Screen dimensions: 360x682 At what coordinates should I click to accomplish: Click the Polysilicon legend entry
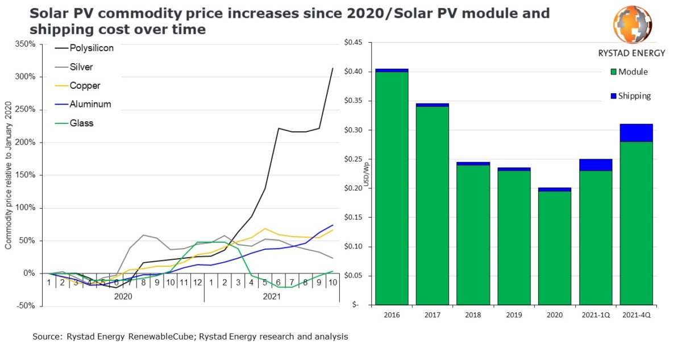tap(91, 48)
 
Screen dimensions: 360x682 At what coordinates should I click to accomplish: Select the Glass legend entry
tap(81, 123)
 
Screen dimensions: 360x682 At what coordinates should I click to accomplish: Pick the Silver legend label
tap(81, 67)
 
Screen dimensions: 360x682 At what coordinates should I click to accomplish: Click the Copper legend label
tap(85, 86)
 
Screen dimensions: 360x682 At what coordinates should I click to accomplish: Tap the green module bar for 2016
tap(392, 188)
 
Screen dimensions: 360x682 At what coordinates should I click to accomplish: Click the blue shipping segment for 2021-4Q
tap(636, 133)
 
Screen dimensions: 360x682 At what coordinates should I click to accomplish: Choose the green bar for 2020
tap(554, 247)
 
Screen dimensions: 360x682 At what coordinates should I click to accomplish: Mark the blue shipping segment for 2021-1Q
tap(595, 165)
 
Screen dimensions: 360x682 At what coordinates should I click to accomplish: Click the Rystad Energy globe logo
tap(632, 24)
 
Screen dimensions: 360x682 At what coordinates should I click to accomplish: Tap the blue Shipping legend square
tap(613, 96)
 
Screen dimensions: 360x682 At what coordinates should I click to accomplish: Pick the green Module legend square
tap(613, 72)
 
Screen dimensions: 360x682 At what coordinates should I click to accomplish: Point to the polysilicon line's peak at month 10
tap(332, 68)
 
